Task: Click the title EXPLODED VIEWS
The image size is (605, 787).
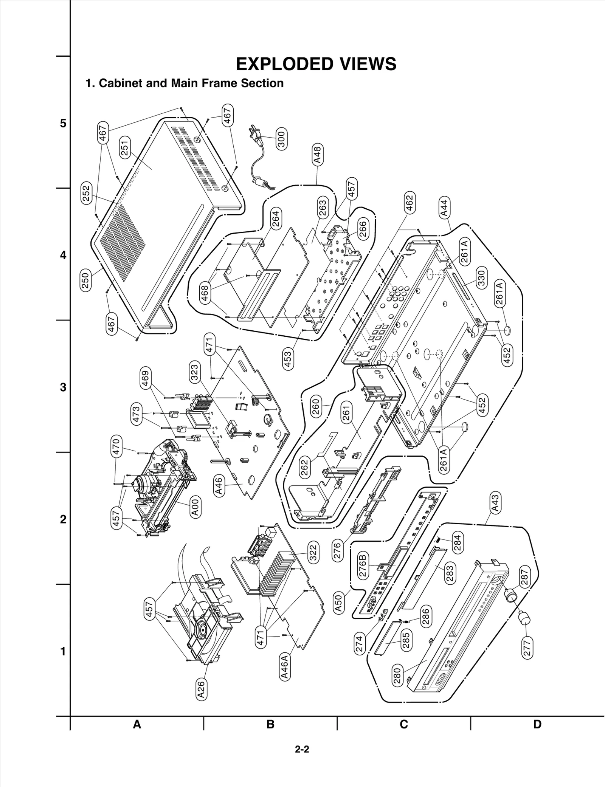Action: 316,64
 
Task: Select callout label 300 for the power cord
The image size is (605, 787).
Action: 281,139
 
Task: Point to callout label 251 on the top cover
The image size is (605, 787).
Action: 125,147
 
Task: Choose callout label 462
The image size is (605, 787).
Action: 409,203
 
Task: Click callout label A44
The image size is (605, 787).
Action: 445,208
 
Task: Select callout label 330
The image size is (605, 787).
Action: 481,278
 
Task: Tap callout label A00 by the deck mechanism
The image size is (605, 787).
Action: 195,507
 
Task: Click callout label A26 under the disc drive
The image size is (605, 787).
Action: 201,689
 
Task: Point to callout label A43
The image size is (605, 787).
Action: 495,503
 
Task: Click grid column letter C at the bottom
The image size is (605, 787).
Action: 404,724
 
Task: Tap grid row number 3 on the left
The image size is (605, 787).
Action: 63,387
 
